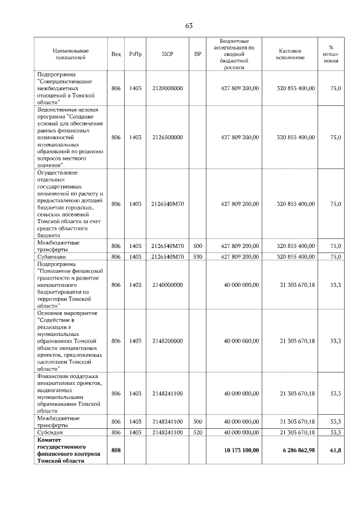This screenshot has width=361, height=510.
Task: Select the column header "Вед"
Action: coord(116,54)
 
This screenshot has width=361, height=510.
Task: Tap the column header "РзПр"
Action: coord(135,54)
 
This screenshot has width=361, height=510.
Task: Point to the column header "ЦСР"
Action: coord(167,54)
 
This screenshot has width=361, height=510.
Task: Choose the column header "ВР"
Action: coord(197,54)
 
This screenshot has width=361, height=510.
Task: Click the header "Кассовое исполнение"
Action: coord(291,54)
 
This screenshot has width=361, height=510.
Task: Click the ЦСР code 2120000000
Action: coord(167,88)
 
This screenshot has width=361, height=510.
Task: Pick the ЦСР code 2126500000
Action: coord(167,137)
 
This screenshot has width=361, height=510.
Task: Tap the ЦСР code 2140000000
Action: coord(167,285)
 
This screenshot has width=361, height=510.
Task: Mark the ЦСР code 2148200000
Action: coord(167,341)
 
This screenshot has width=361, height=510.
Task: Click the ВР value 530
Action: coord(197,257)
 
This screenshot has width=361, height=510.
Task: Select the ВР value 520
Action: coord(197,432)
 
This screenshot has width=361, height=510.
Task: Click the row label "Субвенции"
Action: coord(50,257)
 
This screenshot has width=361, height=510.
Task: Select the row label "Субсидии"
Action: coord(50,432)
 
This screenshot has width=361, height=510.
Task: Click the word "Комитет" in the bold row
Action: coord(49,439)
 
